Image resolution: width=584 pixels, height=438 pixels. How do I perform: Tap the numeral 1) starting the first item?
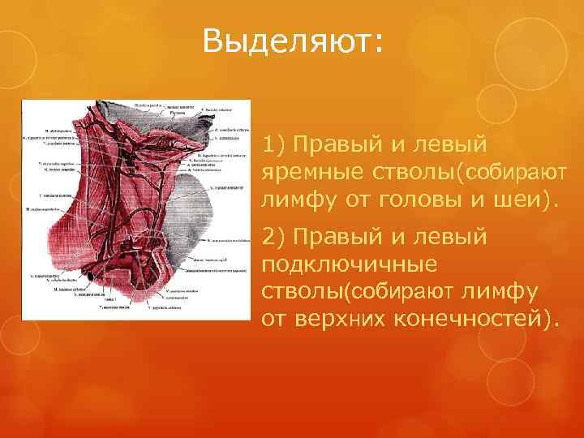click(x=273, y=145)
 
